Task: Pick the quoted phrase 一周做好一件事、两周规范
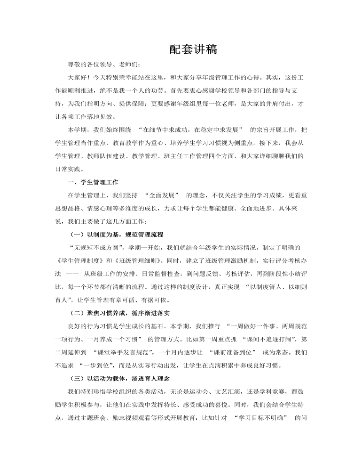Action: click(273, 325)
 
